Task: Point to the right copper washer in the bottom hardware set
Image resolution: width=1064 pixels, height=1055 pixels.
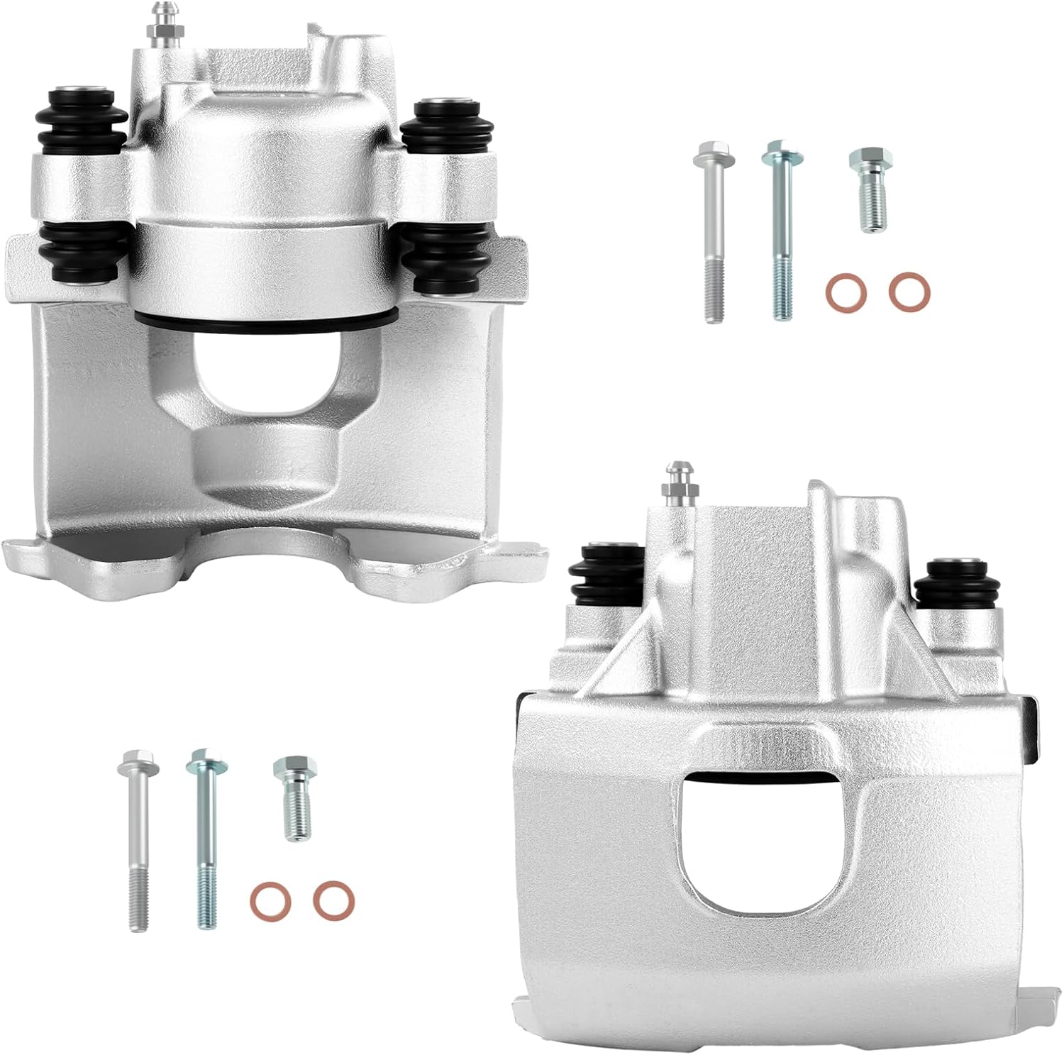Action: pos(334,900)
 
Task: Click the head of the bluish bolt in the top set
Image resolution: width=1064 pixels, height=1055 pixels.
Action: pos(782,155)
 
